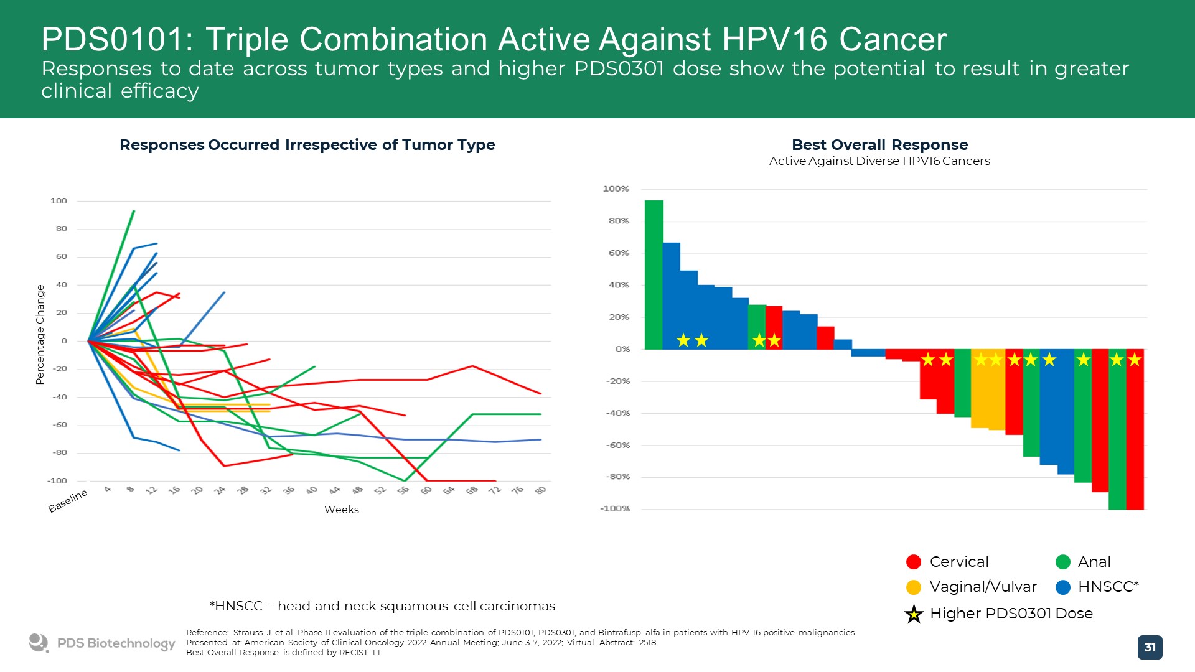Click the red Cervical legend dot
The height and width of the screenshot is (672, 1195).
pos(914,562)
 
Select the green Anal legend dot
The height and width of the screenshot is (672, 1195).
pos(1063,562)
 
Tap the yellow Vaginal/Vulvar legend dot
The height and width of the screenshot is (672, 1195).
pos(914,587)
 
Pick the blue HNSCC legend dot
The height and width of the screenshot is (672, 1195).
pos(1063,587)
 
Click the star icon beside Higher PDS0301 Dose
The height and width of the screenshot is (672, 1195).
pos(914,614)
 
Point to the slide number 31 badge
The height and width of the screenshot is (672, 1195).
pos(1150,647)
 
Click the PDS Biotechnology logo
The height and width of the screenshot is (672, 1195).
pos(102,643)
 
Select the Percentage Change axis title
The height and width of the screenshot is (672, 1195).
pos(40,334)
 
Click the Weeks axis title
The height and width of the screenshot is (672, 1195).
pos(341,510)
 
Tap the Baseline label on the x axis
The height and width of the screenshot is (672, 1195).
pos(68,500)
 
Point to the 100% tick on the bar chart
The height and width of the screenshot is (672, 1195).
pos(616,189)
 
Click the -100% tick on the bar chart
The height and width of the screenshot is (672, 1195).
pos(615,508)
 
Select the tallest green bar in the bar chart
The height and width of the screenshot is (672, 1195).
pos(654,274)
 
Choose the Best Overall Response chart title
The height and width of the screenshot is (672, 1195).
pos(879,145)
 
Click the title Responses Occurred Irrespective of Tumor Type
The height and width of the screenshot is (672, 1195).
pos(307,145)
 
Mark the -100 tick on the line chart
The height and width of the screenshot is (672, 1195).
pos(57,481)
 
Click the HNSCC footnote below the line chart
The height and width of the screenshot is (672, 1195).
pos(382,606)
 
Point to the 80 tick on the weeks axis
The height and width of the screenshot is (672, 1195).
pos(540,490)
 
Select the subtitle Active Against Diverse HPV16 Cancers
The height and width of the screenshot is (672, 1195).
pos(879,161)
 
